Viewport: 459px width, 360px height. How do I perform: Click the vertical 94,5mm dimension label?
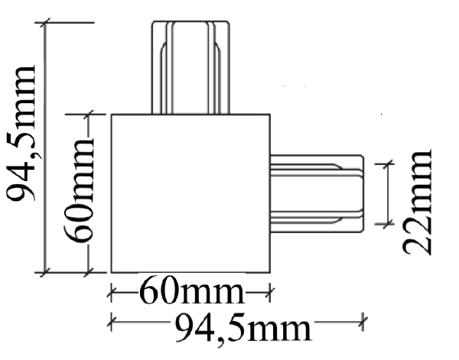pos(21,134)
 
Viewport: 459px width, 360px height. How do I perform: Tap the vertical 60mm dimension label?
pos(79,190)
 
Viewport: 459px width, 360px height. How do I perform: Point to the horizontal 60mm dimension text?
pos(192,292)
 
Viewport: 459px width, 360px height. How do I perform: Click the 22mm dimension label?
pos(417,202)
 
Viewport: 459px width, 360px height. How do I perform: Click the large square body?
pos(190,193)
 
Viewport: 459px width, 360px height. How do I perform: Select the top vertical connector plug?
pos(190,67)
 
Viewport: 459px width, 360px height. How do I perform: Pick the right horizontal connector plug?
pos(317,193)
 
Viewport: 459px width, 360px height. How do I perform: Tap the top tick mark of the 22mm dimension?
pos(388,164)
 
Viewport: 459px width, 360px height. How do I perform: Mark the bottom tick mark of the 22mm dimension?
pos(388,224)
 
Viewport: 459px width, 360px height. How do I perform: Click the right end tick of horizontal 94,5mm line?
pos(363,322)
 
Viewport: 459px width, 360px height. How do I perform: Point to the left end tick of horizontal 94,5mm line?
pos(111,322)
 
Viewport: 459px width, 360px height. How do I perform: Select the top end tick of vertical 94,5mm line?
pos(45,22)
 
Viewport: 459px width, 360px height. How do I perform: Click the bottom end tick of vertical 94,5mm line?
pos(45,273)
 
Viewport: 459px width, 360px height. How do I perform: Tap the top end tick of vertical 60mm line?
pos(89,115)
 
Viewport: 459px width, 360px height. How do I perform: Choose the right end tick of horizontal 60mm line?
pos(270,292)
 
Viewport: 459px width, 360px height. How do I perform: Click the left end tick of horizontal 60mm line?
pos(111,292)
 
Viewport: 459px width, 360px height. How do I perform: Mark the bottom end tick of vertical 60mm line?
pos(89,273)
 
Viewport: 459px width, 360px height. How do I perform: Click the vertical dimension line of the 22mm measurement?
pos(388,194)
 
